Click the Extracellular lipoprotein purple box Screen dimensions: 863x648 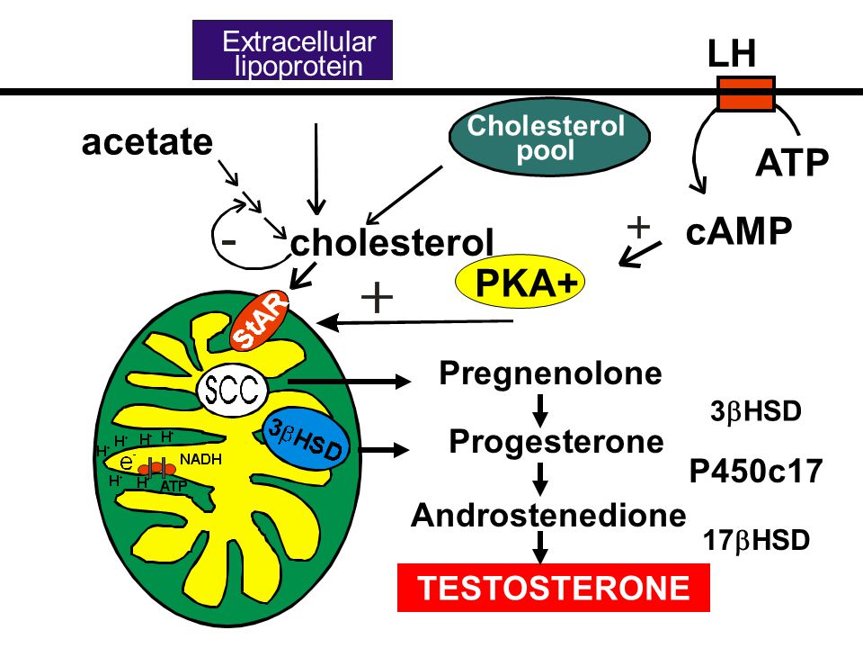pos(292,50)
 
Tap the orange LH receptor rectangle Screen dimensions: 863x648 pos(746,94)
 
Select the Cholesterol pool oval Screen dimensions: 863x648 pos(549,137)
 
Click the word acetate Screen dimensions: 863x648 pos(147,142)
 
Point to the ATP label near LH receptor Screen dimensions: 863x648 pos(792,163)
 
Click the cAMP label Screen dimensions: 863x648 pos(739,231)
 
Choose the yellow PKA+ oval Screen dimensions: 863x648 pos(520,281)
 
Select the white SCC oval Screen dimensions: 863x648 pos(232,391)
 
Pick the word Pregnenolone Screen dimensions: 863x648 pos(550,374)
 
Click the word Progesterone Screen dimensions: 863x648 pos(556,442)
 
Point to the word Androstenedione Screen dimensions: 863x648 pos(548,515)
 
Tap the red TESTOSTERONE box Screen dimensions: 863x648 pos(554,588)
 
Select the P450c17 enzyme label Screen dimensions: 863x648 pos(756,471)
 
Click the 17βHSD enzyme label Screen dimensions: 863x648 pos(756,541)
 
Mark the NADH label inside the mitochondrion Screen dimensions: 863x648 pos(200,459)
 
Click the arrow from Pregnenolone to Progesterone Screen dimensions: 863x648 pos(540,410)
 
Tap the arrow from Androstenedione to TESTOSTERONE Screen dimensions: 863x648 pos(540,547)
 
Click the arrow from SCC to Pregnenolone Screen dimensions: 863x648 pos(350,380)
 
